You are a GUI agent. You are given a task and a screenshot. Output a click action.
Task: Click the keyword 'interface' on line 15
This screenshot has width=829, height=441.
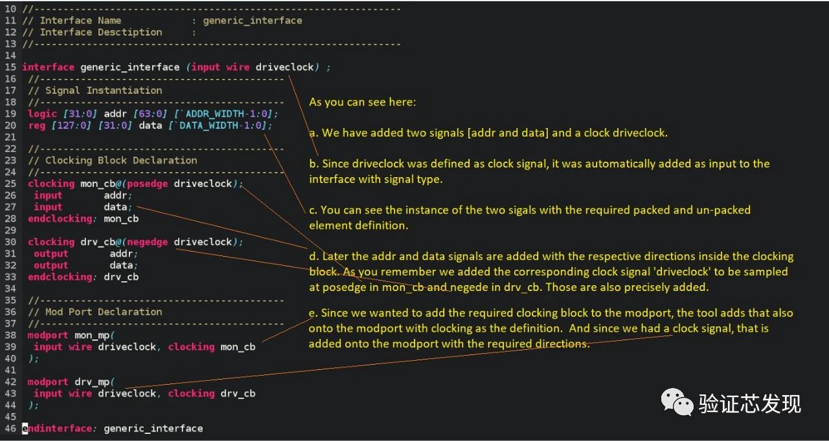coord(48,67)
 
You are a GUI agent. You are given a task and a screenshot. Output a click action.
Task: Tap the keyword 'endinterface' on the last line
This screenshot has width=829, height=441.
coord(56,428)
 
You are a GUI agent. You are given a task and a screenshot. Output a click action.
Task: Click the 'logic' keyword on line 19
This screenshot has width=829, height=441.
coord(42,114)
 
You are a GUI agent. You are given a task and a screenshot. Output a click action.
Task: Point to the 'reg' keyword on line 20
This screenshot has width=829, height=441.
coord(36,125)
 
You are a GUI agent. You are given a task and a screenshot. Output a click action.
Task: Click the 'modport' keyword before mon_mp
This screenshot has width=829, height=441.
coord(48,335)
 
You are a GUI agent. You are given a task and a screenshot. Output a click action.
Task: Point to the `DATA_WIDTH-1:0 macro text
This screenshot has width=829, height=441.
coord(221,125)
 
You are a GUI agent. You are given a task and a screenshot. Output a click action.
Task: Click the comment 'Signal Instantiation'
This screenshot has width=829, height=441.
coord(104,91)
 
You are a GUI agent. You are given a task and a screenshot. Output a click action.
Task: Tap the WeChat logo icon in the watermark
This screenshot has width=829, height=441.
coord(676,403)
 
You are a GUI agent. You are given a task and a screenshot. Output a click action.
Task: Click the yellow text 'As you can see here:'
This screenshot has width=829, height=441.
coord(363,102)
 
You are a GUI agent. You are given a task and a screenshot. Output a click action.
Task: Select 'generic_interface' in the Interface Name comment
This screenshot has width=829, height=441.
coord(253,21)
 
